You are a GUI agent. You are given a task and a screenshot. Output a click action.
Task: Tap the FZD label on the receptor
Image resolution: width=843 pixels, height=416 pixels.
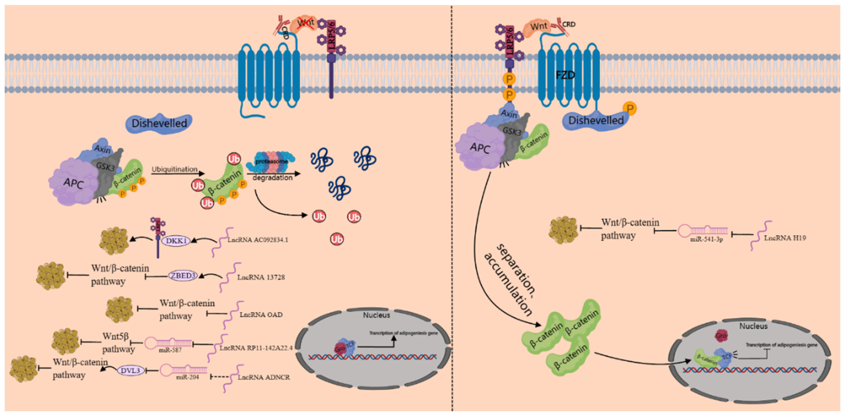(565, 75)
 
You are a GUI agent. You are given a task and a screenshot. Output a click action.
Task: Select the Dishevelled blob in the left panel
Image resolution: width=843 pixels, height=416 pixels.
(159, 123)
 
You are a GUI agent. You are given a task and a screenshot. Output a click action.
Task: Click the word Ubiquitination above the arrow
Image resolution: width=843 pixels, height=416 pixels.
(174, 169)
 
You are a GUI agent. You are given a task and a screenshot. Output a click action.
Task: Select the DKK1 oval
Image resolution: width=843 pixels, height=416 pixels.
(176, 241)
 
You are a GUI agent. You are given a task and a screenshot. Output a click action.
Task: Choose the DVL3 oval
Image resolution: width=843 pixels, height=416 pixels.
(130, 370)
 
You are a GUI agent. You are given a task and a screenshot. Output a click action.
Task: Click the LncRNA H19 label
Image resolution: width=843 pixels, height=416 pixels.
(785, 238)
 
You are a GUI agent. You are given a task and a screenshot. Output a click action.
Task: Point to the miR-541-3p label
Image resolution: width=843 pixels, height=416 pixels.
(706, 240)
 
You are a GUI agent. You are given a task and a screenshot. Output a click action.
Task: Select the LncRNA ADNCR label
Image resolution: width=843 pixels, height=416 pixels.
(263, 377)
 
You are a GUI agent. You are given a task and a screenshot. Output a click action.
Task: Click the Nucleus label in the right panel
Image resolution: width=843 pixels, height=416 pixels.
(753, 326)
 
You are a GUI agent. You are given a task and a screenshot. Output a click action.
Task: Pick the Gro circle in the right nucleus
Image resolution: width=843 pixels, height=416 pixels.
(721, 336)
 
